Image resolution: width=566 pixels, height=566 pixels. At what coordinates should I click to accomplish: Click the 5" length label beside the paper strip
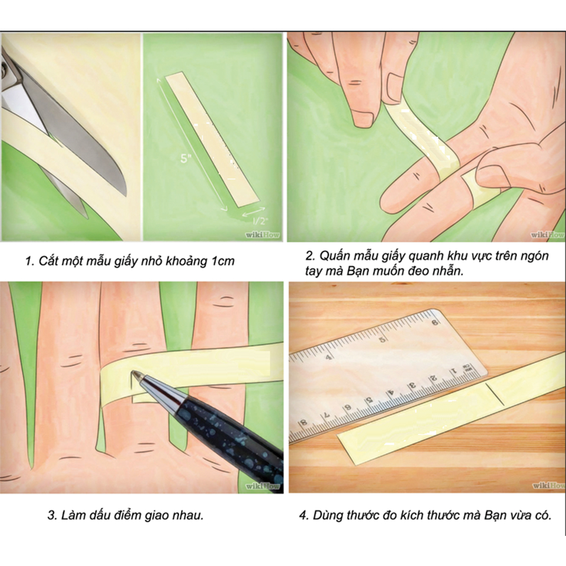point(185,158)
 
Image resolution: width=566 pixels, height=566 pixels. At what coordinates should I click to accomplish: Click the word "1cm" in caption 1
point(222,261)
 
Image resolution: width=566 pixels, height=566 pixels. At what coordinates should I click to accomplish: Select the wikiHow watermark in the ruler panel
point(548,485)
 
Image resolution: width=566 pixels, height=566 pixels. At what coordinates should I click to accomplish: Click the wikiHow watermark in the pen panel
point(262,486)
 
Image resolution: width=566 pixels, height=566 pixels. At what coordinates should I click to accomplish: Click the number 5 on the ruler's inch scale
point(382,340)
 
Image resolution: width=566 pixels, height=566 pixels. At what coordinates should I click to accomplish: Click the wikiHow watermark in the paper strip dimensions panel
point(262,235)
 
